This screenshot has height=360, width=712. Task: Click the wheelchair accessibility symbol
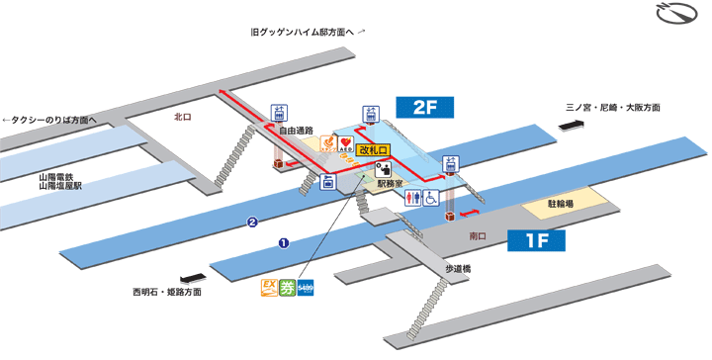coord(431,198)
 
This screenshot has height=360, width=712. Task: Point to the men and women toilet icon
coord(414,198)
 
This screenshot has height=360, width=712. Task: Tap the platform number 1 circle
coord(283,241)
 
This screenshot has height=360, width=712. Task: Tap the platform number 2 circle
coord(253,223)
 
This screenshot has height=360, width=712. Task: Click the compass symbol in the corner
coord(676,17)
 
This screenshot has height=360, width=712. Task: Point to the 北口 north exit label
coord(182,116)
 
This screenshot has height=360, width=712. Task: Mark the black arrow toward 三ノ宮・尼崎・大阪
coord(571,125)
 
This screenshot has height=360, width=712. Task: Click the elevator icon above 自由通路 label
coord(279,113)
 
